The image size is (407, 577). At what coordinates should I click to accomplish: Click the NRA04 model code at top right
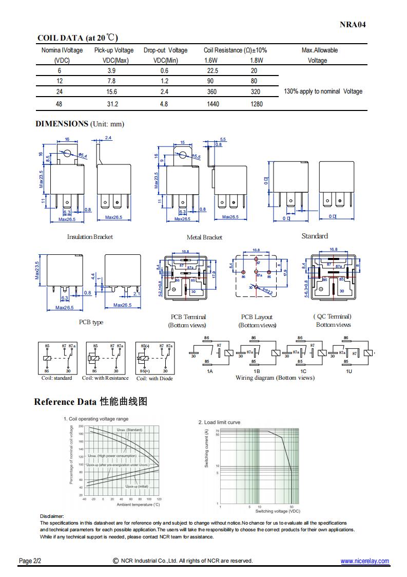click(353, 24)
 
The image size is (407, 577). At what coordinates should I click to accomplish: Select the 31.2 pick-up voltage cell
click(112, 104)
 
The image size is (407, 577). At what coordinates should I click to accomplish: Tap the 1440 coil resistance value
click(212, 104)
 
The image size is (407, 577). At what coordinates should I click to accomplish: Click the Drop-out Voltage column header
click(165, 50)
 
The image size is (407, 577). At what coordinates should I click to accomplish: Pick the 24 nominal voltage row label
click(59, 91)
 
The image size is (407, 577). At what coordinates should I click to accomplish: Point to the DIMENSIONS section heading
click(62, 124)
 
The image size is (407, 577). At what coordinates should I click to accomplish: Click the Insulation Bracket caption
click(90, 237)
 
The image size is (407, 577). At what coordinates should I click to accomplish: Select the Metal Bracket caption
click(204, 237)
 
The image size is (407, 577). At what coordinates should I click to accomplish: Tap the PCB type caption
click(91, 322)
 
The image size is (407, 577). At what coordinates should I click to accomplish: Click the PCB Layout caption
click(257, 317)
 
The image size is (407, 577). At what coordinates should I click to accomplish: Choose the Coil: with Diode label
click(154, 379)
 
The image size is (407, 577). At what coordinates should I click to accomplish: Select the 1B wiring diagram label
click(257, 370)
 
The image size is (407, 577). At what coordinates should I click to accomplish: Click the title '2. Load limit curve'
click(219, 422)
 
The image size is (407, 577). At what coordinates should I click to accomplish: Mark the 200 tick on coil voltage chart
click(81, 427)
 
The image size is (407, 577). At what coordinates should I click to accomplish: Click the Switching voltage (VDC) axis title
click(278, 511)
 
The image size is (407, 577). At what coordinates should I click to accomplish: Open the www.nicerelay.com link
click(364, 561)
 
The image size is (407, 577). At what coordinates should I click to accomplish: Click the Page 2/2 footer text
click(30, 561)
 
